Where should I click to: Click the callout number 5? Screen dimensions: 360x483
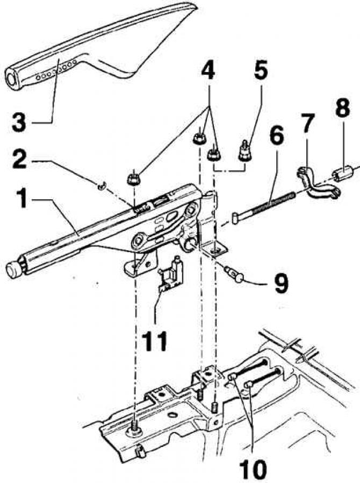(261, 71)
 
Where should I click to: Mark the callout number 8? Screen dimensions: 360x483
(342, 108)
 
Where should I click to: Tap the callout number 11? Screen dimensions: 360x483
(154, 341)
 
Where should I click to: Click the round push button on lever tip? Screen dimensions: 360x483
(13, 270)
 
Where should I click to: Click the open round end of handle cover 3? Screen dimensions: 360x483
(12, 79)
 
